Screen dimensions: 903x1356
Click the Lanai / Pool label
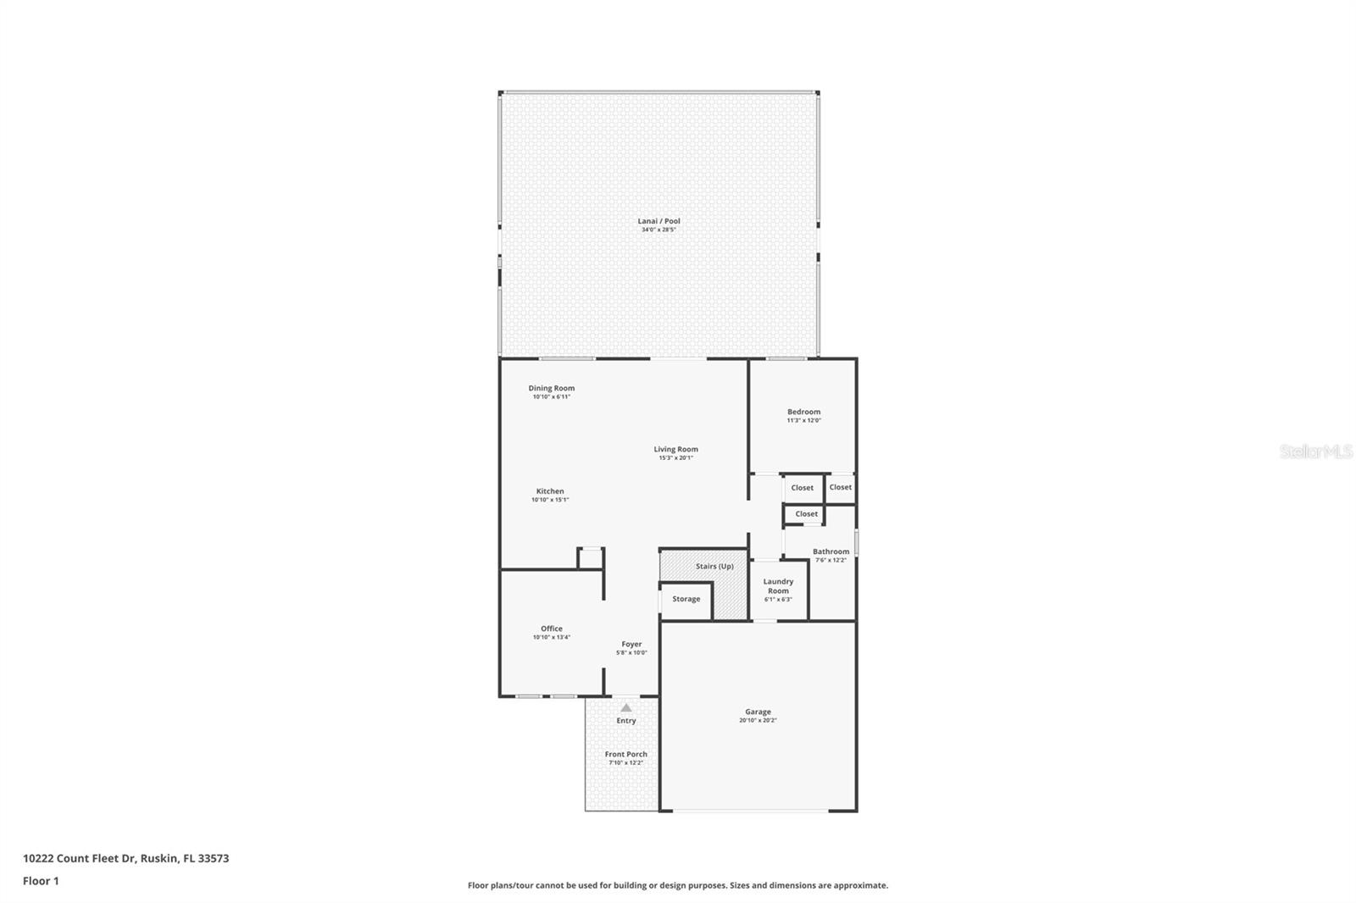tap(659, 221)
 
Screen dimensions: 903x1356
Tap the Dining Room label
tap(551, 388)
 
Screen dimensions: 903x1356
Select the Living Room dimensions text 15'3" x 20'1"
tap(675, 458)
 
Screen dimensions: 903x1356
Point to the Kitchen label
tap(549, 491)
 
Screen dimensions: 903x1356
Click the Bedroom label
tap(803, 412)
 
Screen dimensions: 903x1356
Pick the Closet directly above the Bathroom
tap(806, 514)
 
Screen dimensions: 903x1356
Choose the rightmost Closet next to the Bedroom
tap(840, 487)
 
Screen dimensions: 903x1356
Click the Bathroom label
tap(831, 551)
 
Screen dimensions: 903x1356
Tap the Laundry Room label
tap(778, 586)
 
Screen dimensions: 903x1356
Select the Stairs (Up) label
tap(714, 566)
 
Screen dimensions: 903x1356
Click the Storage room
tap(686, 599)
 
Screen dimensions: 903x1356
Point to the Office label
tap(551, 629)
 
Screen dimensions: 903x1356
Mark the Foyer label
tap(631, 644)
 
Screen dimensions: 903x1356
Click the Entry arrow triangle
tap(625, 707)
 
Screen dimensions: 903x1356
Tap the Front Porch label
tap(625, 754)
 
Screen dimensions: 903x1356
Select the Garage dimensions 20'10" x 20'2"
tap(758, 721)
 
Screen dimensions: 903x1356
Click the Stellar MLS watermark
tap(1315, 451)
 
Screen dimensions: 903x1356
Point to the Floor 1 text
tap(41, 881)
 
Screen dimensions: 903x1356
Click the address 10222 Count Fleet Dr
tap(80, 858)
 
